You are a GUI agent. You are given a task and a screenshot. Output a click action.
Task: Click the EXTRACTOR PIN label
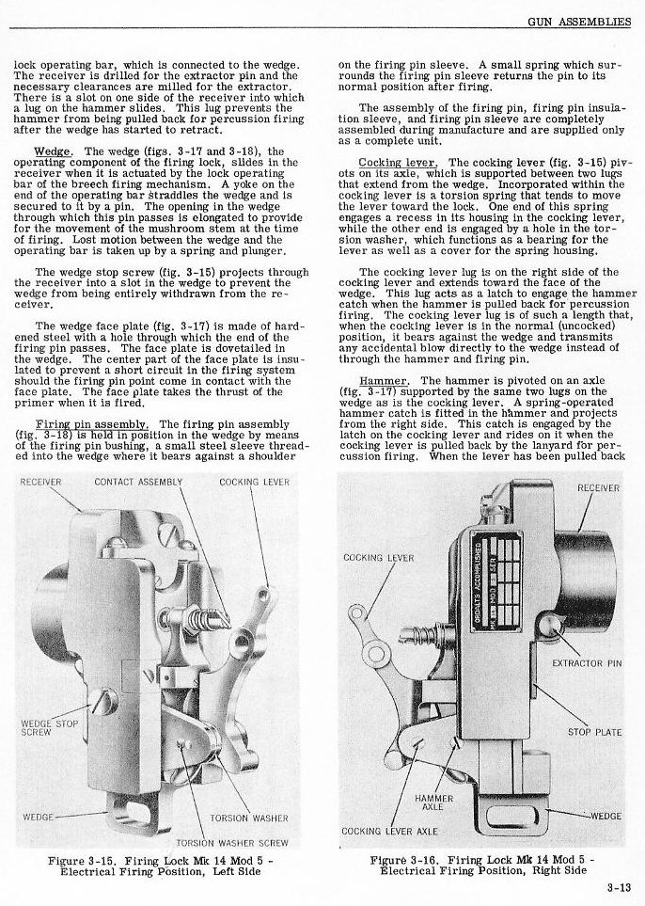587,664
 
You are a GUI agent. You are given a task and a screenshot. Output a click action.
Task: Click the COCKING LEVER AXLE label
389,831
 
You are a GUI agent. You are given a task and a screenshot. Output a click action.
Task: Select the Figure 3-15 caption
156,865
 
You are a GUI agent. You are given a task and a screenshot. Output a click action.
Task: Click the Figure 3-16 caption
479,865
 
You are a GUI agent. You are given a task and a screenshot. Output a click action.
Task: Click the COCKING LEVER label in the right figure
379,558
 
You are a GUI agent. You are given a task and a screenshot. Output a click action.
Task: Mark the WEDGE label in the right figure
606,815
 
